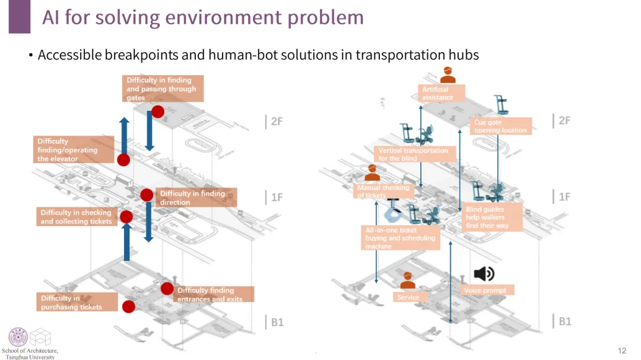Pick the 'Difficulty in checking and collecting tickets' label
click(76, 216)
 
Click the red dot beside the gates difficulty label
click(158, 111)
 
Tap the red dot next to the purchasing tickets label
click(129, 307)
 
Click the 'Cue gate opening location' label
click(500, 126)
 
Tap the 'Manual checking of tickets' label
click(383, 191)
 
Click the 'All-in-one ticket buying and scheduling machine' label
click(399, 238)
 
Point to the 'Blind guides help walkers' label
click(493, 217)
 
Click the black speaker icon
click(483, 273)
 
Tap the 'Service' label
click(409, 297)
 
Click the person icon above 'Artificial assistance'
click(448, 75)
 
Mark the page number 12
click(622, 351)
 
